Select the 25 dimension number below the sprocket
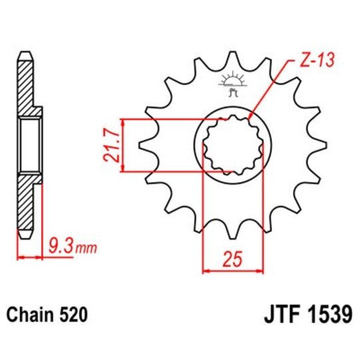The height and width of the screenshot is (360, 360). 231,259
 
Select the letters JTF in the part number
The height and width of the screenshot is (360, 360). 273,314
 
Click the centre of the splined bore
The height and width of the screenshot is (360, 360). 231,145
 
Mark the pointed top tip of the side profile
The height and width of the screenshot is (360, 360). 25,53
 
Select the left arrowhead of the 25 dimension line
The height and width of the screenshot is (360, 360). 204,271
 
